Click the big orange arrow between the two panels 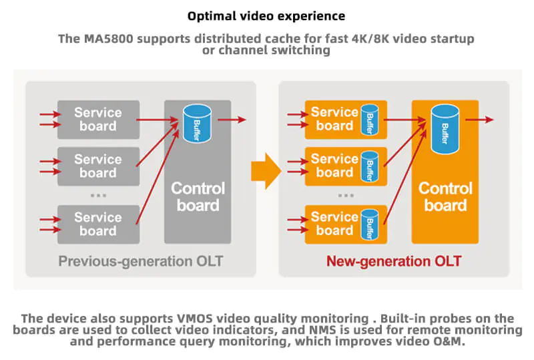(x=265, y=171)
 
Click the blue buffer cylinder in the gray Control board (x=197, y=123)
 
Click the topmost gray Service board (x=98, y=120)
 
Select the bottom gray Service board (x=98, y=224)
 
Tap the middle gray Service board (x=98, y=166)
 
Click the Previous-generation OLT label (x=140, y=261)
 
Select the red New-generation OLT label (x=393, y=261)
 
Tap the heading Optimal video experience (x=266, y=15)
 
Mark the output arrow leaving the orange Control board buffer (x=479, y=120)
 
